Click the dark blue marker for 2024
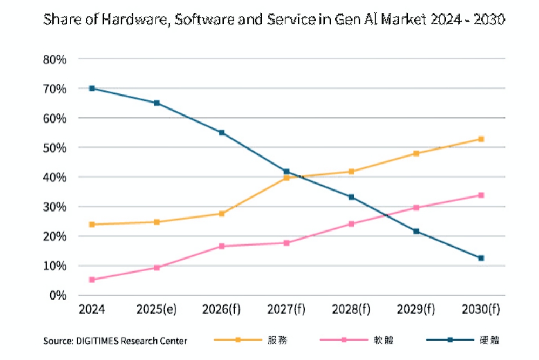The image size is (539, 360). [x=92, y=88]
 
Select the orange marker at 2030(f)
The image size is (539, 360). [x=481, y=139]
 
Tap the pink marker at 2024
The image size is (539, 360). [x=92, y=280]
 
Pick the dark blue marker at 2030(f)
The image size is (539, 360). [x=481, y=258]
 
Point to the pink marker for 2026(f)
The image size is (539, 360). [x=221, y=246]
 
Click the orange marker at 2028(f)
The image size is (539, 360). [x=351, y=172]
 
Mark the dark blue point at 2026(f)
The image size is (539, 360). [x=221, y=132]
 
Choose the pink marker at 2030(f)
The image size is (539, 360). [x=481, y=195]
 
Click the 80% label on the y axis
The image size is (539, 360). [x=54, y=59]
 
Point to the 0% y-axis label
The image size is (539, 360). [x=58, y=296]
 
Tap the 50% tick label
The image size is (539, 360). [x=54, y=147]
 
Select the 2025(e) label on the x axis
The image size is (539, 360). [x=156, y=309]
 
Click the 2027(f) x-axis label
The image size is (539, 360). [x=286, y=309]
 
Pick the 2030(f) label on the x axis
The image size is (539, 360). [x=480, y=309]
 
